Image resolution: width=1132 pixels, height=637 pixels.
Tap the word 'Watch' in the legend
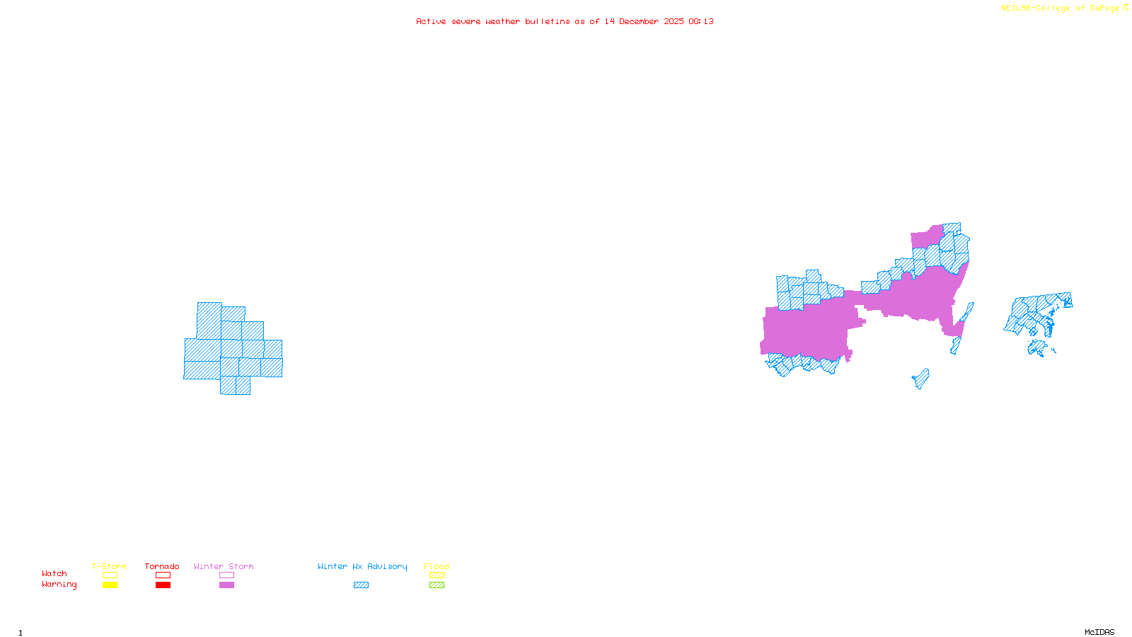(54, 574)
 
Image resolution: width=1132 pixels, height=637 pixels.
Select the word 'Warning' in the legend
(59, 585)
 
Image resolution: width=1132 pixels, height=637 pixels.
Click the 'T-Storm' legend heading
(109, 566)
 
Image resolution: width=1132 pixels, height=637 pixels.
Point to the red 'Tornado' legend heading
(162, 566)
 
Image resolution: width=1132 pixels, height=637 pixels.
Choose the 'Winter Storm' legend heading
(224, 566)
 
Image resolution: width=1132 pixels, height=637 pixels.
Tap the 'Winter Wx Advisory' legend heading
(362, 566)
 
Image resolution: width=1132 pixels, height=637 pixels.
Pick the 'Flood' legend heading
(437, 566)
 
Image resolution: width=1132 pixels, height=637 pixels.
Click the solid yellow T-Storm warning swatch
(110, 585)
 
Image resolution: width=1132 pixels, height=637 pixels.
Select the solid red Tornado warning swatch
(163, 585)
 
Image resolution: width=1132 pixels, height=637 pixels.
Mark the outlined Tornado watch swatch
(163, 575)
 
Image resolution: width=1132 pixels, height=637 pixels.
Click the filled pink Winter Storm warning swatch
(226, 585)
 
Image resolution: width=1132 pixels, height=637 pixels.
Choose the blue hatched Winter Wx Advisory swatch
(361, 585)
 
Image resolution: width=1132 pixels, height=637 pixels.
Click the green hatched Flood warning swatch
(437, 585)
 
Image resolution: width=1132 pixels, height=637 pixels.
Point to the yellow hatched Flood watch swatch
(437, 575)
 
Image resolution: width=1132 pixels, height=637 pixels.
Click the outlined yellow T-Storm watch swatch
(110, 575)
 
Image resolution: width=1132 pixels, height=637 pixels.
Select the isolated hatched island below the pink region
(921, 379)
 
